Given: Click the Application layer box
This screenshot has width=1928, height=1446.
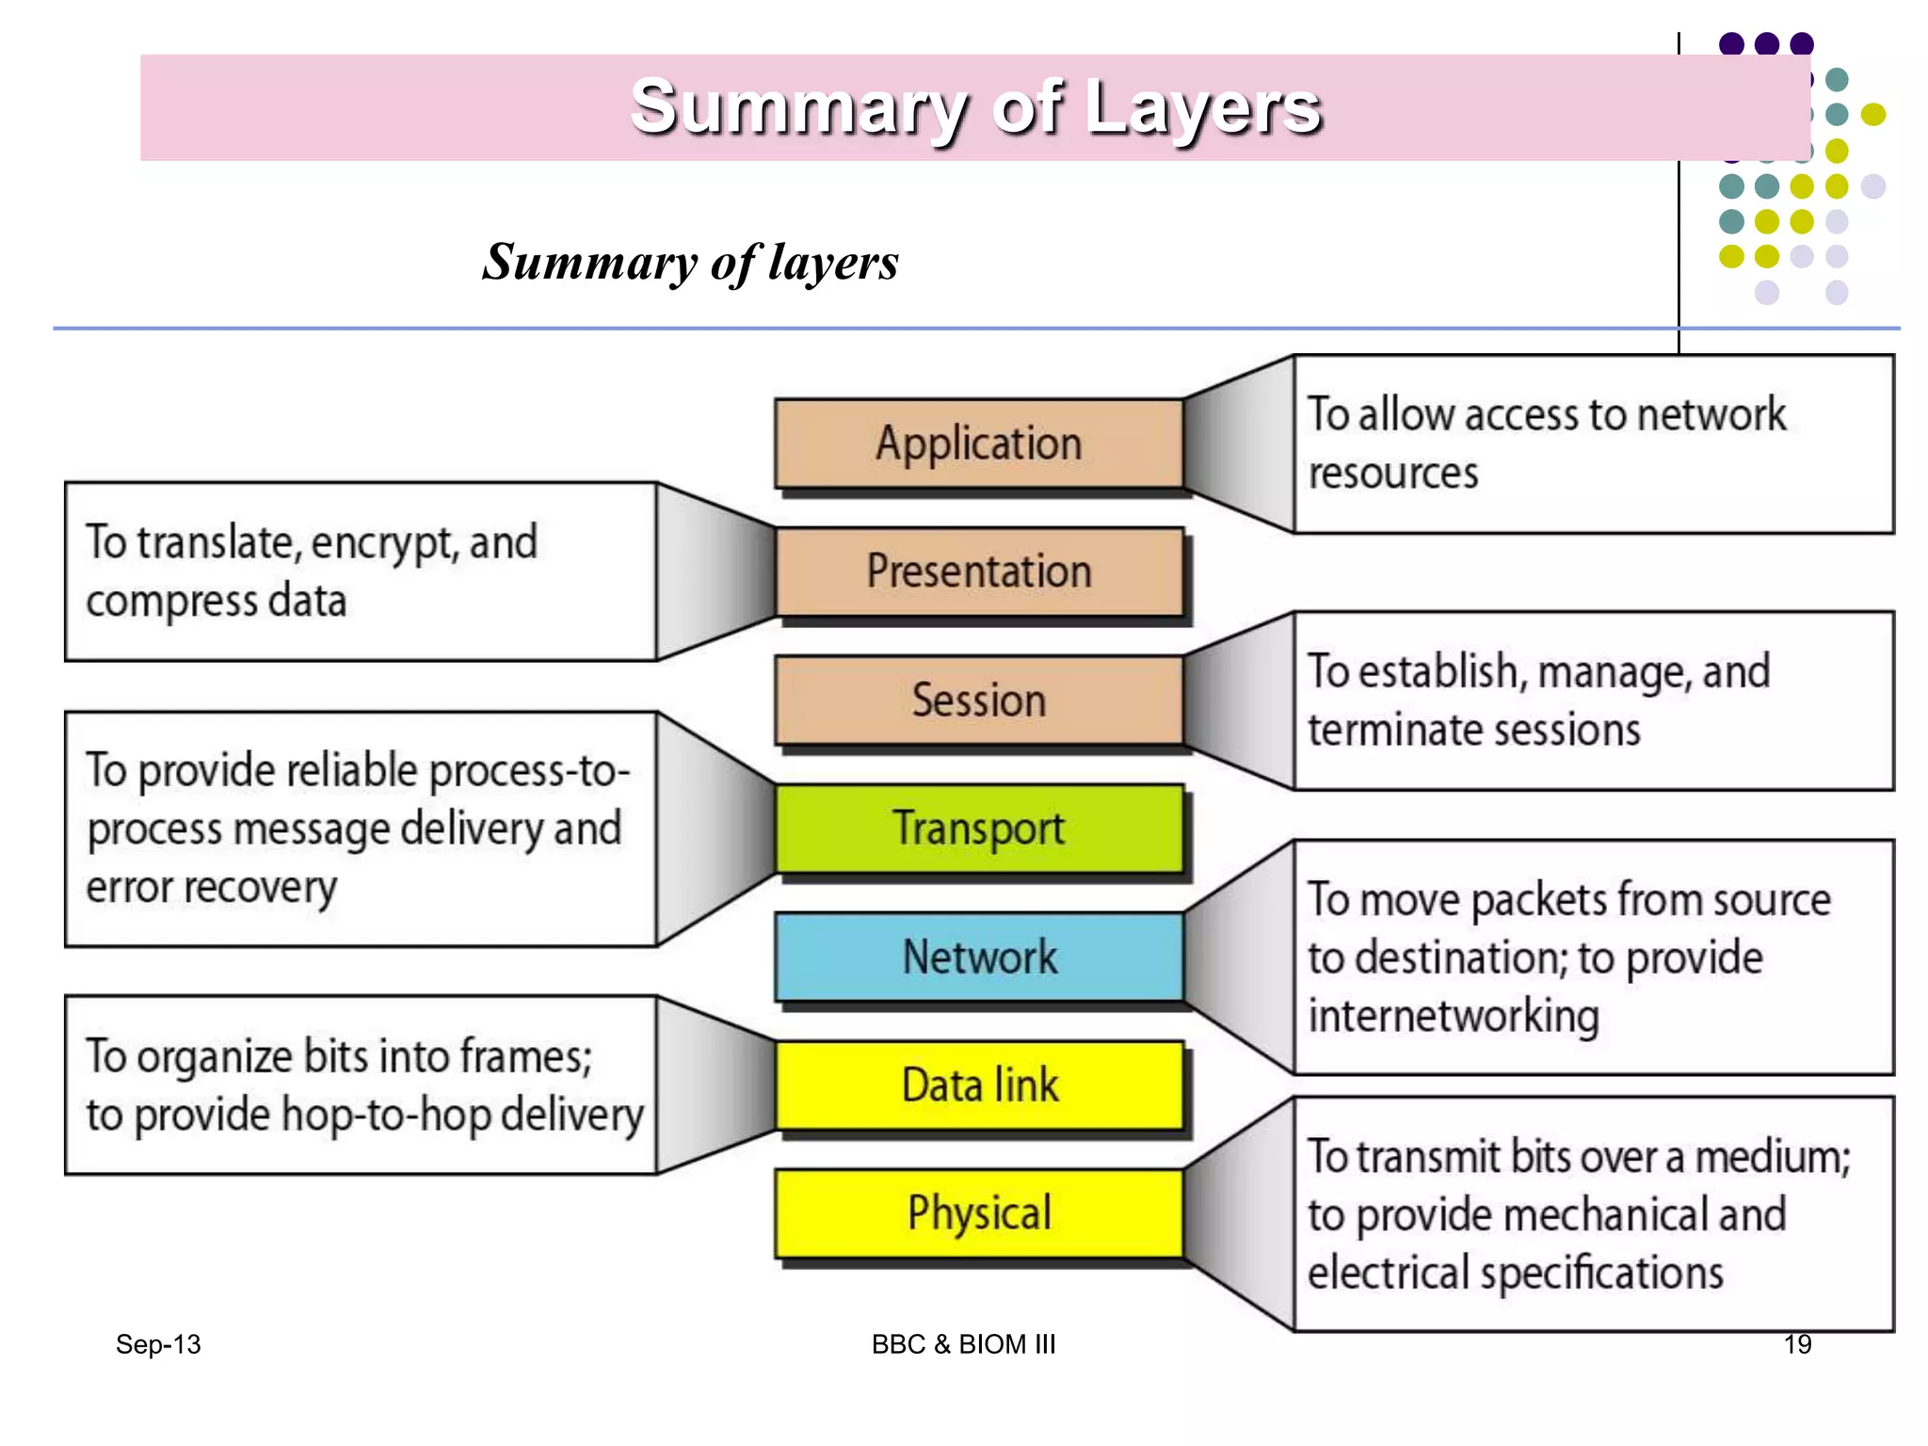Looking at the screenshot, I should [979, 443].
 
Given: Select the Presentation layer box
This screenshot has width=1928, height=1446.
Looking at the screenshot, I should [979, 571].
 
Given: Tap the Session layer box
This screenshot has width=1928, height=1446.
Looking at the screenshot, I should [979, 700].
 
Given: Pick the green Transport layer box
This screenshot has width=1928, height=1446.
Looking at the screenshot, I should [979, 828].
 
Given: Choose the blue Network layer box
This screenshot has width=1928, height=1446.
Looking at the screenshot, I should [979, 956].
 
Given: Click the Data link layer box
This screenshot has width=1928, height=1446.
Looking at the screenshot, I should [979, 1084].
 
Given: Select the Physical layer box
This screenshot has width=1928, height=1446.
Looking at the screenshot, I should [979, 1213].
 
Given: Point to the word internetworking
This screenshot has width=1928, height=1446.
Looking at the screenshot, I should [1454, 1017].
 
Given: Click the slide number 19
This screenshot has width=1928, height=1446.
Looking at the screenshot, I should [1797, 1343].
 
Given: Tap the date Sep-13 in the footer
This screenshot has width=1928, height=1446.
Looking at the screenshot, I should [158, 1344].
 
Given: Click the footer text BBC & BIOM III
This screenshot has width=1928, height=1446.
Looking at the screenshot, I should [963, 1344].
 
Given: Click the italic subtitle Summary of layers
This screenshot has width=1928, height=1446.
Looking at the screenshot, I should [690, 262].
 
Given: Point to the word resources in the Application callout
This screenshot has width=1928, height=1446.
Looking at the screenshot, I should [1393, 474].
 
